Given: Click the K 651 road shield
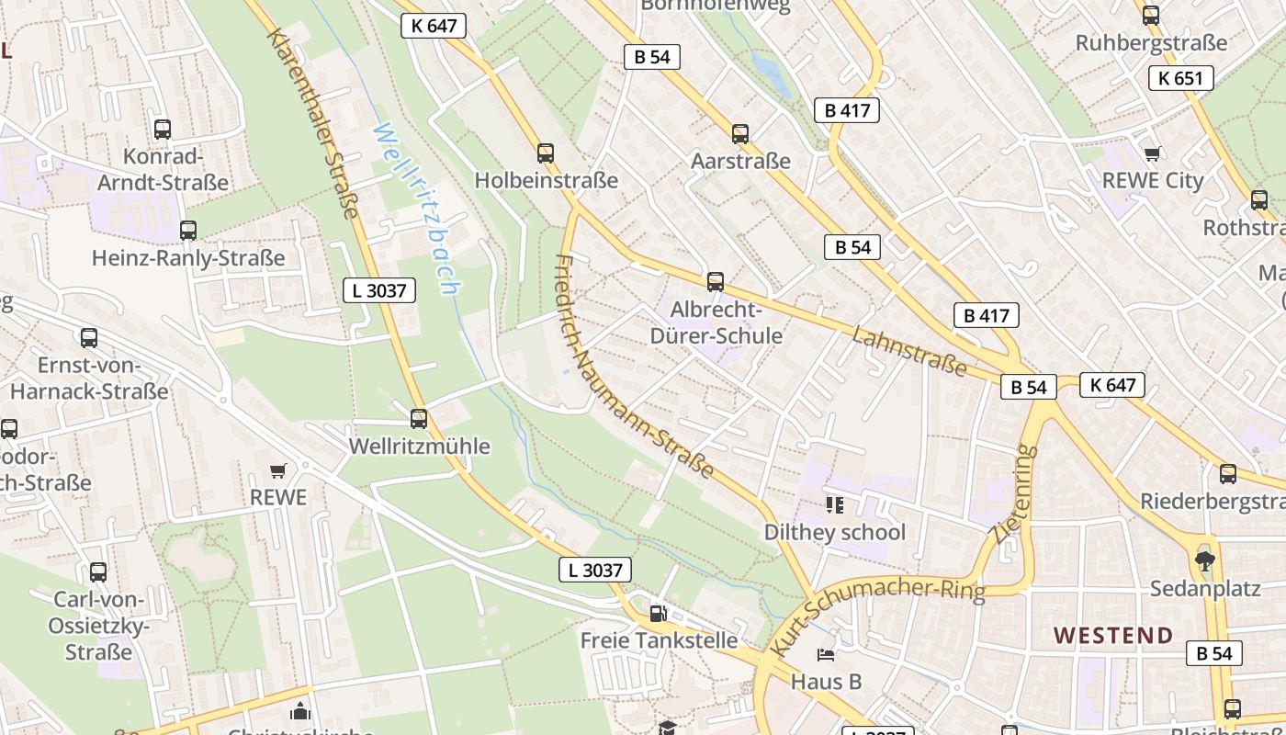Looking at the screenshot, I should [x=1180, y=78].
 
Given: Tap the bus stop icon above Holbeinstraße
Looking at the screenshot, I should [x=546, y=153].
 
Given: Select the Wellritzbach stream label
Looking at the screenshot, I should [x=416, y=209].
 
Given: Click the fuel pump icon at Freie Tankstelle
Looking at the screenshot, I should [x=658, y=613].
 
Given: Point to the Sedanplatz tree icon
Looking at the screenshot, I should [x=1204, y=560].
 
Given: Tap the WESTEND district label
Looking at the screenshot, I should [x=1113, y=635].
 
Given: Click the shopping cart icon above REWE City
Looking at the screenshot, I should [x=1152, y=153].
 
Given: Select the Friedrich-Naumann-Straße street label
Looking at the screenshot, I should [x=633, y=365].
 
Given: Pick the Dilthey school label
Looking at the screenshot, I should [x=834, y=532].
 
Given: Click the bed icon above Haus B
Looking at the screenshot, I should [x=826, y=655].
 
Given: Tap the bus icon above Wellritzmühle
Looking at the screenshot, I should [x=419, y=419].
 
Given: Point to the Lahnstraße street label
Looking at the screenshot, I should [x=908, y=350].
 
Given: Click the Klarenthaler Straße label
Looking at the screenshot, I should [x=312, y=123].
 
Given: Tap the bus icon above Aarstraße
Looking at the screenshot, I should [x=740, y=134].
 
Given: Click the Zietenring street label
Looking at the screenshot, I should [x=1014, y=493].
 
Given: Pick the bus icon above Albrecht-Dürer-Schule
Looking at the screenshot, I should [x=716, y=282].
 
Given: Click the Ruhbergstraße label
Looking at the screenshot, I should [x=1151, y=42].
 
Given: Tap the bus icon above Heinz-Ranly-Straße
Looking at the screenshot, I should [x=188, y=231].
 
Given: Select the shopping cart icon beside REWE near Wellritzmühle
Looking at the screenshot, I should [x=278, y=470].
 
